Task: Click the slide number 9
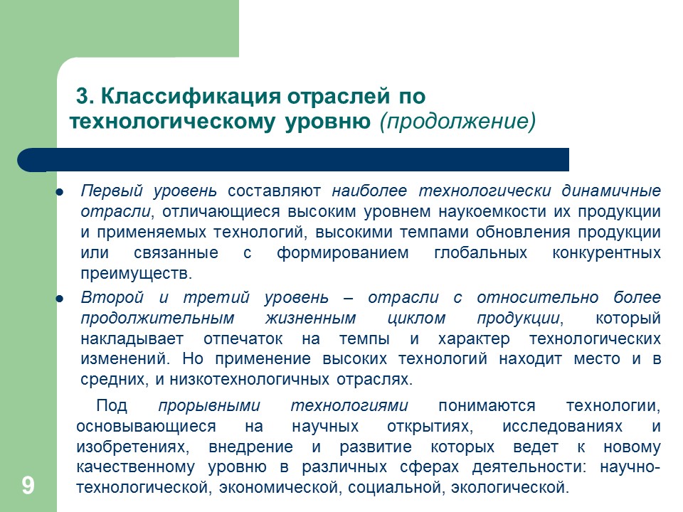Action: click(28, 486)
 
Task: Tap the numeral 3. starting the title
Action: click(85, 95)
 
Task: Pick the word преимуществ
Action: click(137, 274)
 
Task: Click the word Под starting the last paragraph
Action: click(111, 406)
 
